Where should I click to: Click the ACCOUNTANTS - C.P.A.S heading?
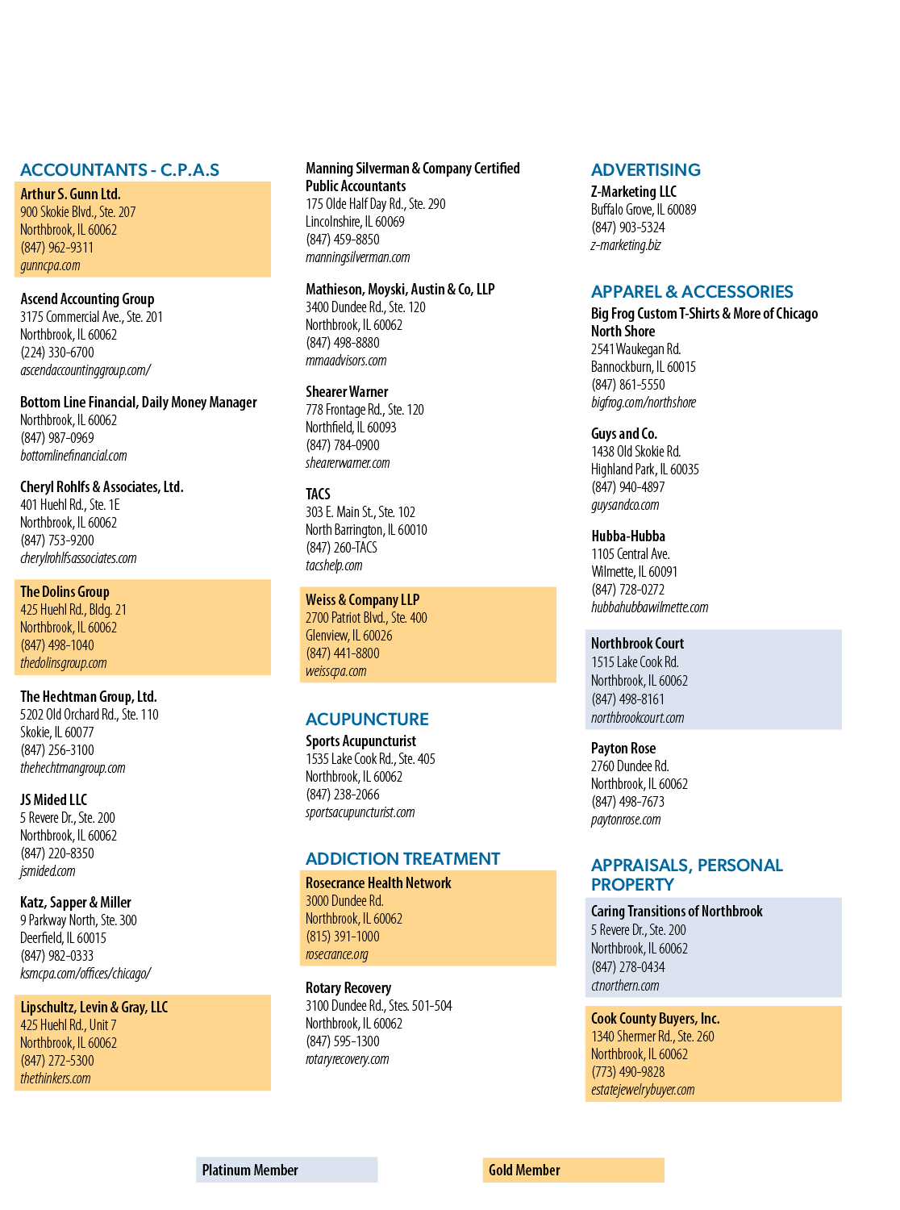tap(119, 170)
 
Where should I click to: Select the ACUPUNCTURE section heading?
tap(367, 719)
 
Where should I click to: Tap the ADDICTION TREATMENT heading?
tap(402, 858)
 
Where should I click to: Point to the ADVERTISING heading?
tap(646, 170)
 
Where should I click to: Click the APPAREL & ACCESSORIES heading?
tap(692, 292)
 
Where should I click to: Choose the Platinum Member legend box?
tap(287, 1170)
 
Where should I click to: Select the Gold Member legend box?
tap(573, 1170)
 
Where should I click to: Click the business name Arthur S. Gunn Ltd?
tap(70, 194)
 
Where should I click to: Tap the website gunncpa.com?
tap(50, 265)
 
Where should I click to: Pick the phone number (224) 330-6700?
tap(57, 353)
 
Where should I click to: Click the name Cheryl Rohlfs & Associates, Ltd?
tap(102, 486)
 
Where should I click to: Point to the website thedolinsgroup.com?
tap(63, 663)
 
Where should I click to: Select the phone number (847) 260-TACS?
tap(341, 548)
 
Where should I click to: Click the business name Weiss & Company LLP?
tap(362, 600)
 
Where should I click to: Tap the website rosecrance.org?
tap(336, 954)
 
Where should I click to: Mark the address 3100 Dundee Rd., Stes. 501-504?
tap(378, 1005)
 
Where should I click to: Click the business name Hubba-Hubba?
tap(627, 536)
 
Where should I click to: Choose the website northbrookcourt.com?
tap(638, 718)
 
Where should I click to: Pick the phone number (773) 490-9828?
tap(627, 1072)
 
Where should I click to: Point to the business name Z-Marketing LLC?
tap(633, 192)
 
